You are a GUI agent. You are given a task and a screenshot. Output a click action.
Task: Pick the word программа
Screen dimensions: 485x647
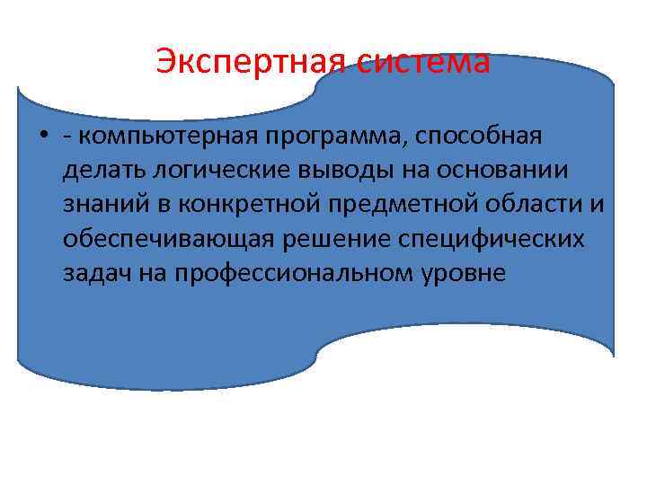341,137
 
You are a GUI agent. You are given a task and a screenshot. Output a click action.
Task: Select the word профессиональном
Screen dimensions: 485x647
299,272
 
